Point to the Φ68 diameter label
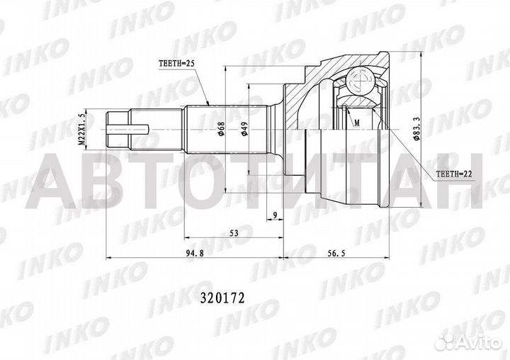click(222, 128)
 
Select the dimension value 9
click(274, 213)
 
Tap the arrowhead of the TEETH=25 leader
click(208, 104)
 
